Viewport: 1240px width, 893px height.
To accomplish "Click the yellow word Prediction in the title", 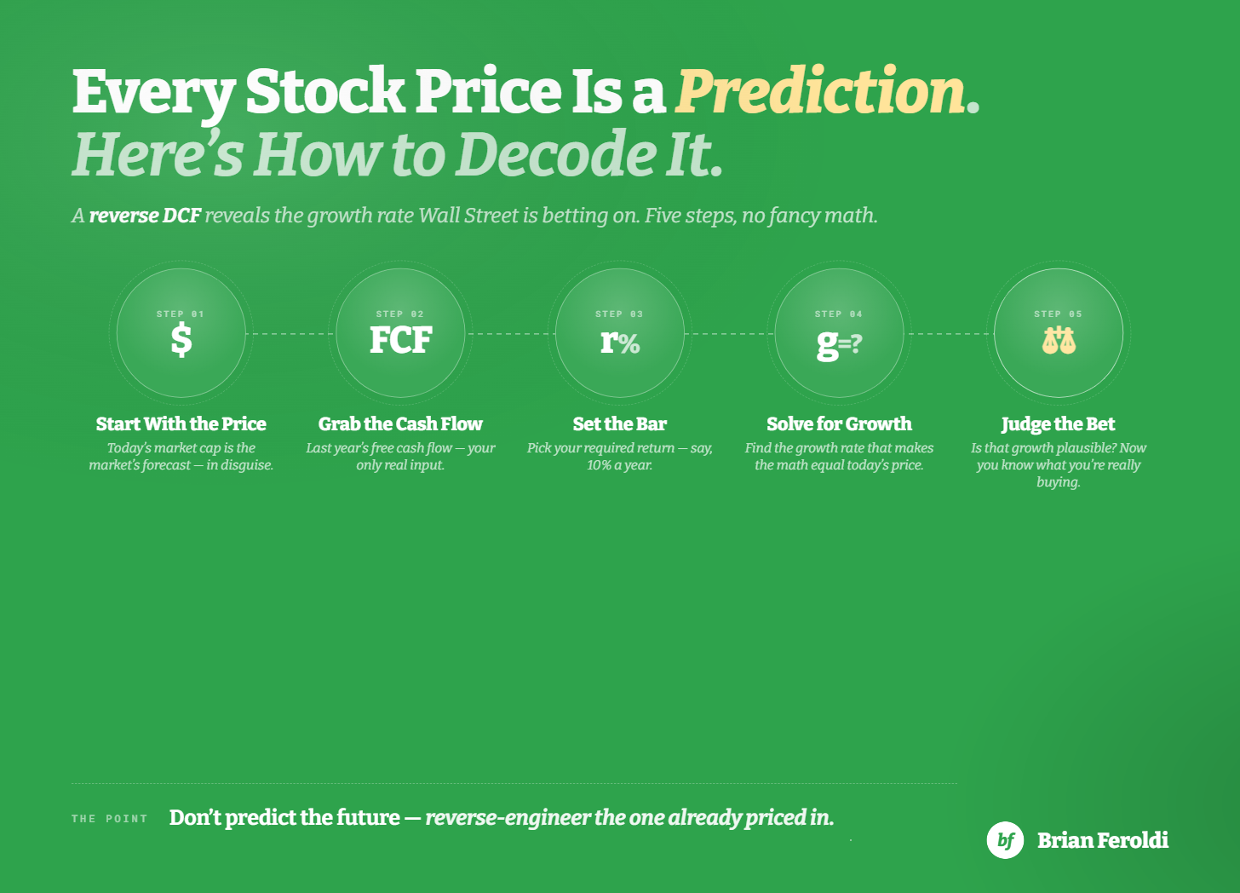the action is [820, 91].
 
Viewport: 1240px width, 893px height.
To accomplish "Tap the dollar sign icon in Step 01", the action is [181, 340].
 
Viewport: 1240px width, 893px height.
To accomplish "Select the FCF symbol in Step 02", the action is [400, 340].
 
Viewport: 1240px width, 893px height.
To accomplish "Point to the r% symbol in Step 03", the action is [620, 341].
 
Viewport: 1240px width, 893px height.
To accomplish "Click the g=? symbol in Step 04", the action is [839, 343].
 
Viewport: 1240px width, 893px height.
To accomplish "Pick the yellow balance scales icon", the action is [1059, 340].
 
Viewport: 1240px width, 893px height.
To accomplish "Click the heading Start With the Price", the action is [181, 423].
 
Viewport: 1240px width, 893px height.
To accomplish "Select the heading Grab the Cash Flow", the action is [400, 423].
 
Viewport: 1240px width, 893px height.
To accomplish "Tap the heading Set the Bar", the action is [620, 423].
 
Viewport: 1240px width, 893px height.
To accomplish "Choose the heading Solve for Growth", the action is [839, 423].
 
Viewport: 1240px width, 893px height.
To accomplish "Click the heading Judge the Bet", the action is [1059, 424].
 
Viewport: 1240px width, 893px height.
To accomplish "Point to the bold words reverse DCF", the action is [145, 216].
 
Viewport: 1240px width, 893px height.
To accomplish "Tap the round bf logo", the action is [1005, 840].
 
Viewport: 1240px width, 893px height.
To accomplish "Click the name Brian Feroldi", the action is [1103, 840].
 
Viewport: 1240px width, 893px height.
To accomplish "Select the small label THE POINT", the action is [110, 819].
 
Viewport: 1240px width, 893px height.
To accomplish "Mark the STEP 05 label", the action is [1058, 314].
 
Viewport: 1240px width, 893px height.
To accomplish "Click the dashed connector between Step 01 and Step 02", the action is [290, 334].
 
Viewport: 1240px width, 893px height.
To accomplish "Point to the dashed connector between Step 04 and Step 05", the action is [949, 334].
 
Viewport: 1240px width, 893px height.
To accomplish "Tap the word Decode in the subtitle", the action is [557, 154].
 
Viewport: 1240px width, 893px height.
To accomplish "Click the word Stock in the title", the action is [325, 91].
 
